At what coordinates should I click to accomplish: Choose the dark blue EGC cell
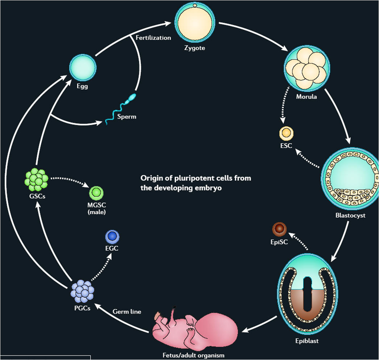point(112,237)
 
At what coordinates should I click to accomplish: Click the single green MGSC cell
point(97,192)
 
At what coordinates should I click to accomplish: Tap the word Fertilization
point(153,37)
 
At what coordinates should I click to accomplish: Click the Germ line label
point(127,311)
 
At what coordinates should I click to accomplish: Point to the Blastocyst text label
point(350,216)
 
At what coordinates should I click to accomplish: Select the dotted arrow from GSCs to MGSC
point(69,181)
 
